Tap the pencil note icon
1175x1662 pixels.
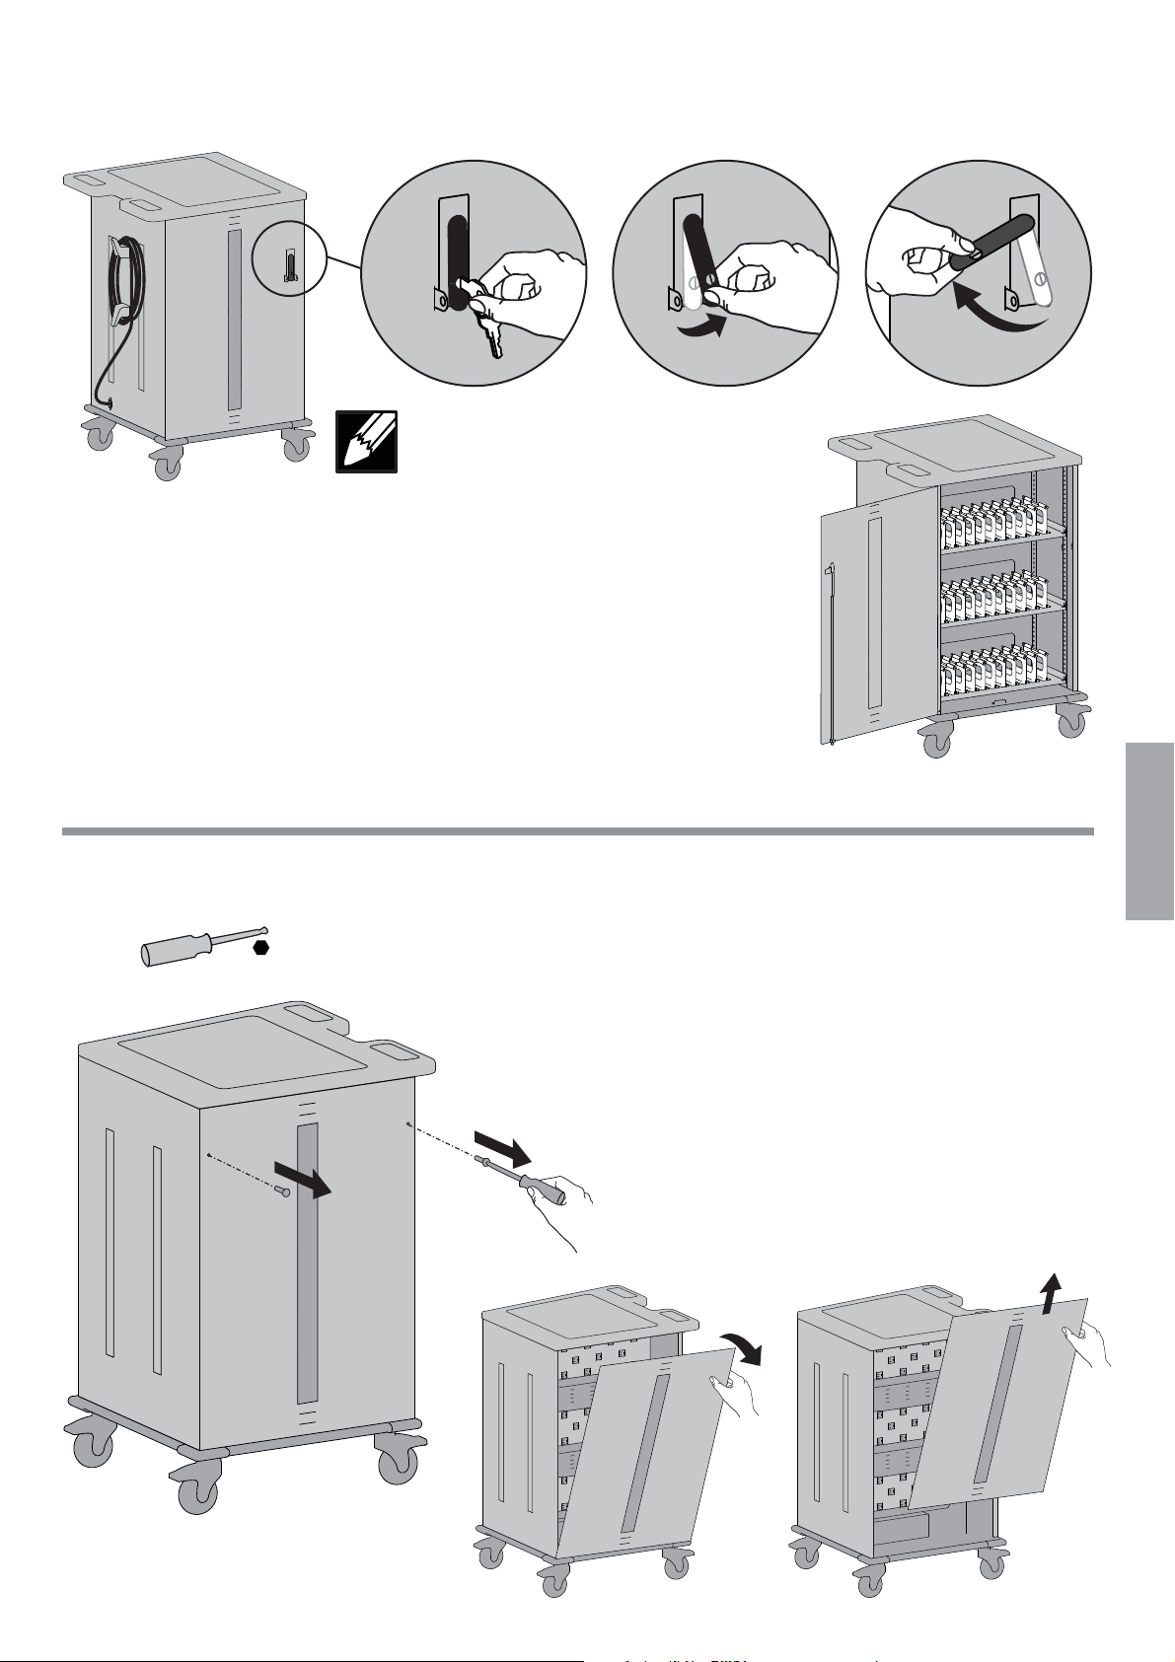pos(366,441)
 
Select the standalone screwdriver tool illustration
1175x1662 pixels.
pos(202,945)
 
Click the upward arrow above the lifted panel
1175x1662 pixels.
pos(1053,1288)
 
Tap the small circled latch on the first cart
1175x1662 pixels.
pos(289,265)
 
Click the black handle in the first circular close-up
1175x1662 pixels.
pos(458,261)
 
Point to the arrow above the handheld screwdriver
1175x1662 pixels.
pos(503,1147)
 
